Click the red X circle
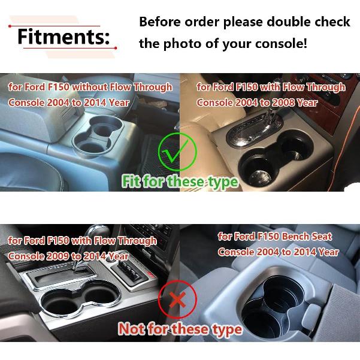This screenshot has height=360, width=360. click(178, 300)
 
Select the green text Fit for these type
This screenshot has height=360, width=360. click(180, 181)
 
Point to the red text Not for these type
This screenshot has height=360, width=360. click(180, 328)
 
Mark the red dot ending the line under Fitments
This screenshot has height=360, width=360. click(116, 47)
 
